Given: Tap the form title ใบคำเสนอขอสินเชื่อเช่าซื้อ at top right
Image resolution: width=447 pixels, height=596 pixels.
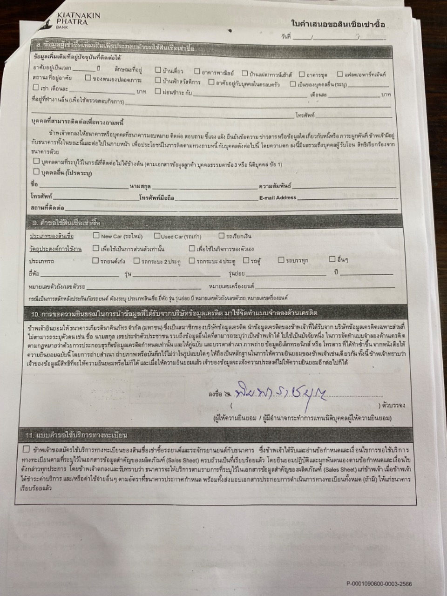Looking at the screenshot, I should pos(338,24).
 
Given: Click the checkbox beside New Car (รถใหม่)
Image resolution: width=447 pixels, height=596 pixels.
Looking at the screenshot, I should pos(96,236).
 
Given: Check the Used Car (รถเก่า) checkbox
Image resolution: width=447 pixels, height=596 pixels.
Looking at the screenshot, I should pos(157,236).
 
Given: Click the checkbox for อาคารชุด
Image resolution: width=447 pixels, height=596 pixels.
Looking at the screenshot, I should pos(302,74).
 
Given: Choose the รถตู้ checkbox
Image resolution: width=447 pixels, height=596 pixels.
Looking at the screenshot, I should pos(246,260).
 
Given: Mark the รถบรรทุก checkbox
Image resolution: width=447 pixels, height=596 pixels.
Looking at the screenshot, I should pos(281,260).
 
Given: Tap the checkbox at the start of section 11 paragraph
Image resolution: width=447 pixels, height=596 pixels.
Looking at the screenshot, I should pos(27,449).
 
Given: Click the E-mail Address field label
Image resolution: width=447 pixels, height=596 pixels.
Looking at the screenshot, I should pos(278,197).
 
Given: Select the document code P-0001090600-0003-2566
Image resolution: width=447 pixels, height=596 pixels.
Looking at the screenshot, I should pos(379,584).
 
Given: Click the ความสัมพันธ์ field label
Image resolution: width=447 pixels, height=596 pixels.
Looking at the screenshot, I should pos(275,186).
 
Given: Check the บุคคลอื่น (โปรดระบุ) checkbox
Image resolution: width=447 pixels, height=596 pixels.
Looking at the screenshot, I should pos(36,172).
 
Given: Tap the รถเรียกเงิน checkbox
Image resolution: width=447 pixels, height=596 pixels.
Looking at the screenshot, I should pos(221,236).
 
